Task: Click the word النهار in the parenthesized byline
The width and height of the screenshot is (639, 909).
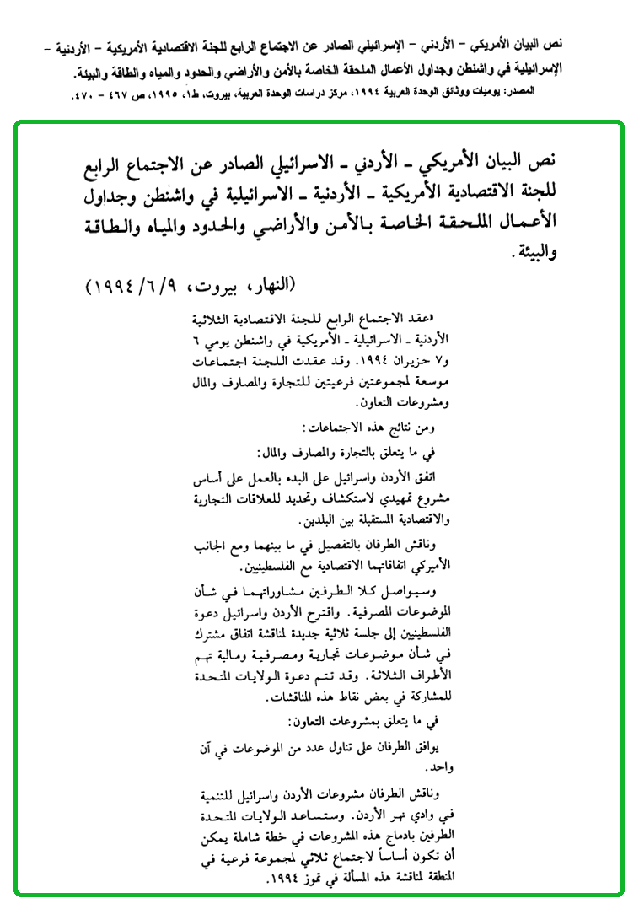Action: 271,284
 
